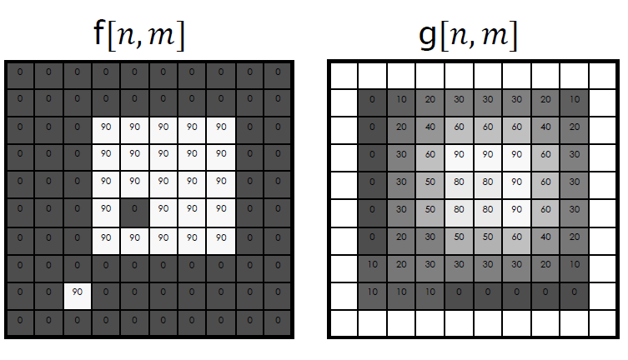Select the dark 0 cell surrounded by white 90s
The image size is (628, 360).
(134, 208)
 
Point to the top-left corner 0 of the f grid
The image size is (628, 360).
(19, 72)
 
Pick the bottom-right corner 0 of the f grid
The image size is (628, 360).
(278, 322)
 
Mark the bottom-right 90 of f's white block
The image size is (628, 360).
(221, 237)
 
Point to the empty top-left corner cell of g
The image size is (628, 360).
(343, 75)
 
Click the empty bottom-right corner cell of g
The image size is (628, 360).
(603, 322)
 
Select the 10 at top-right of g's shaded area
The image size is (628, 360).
(574, 100)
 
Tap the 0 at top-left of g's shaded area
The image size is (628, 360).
(372, 100)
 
